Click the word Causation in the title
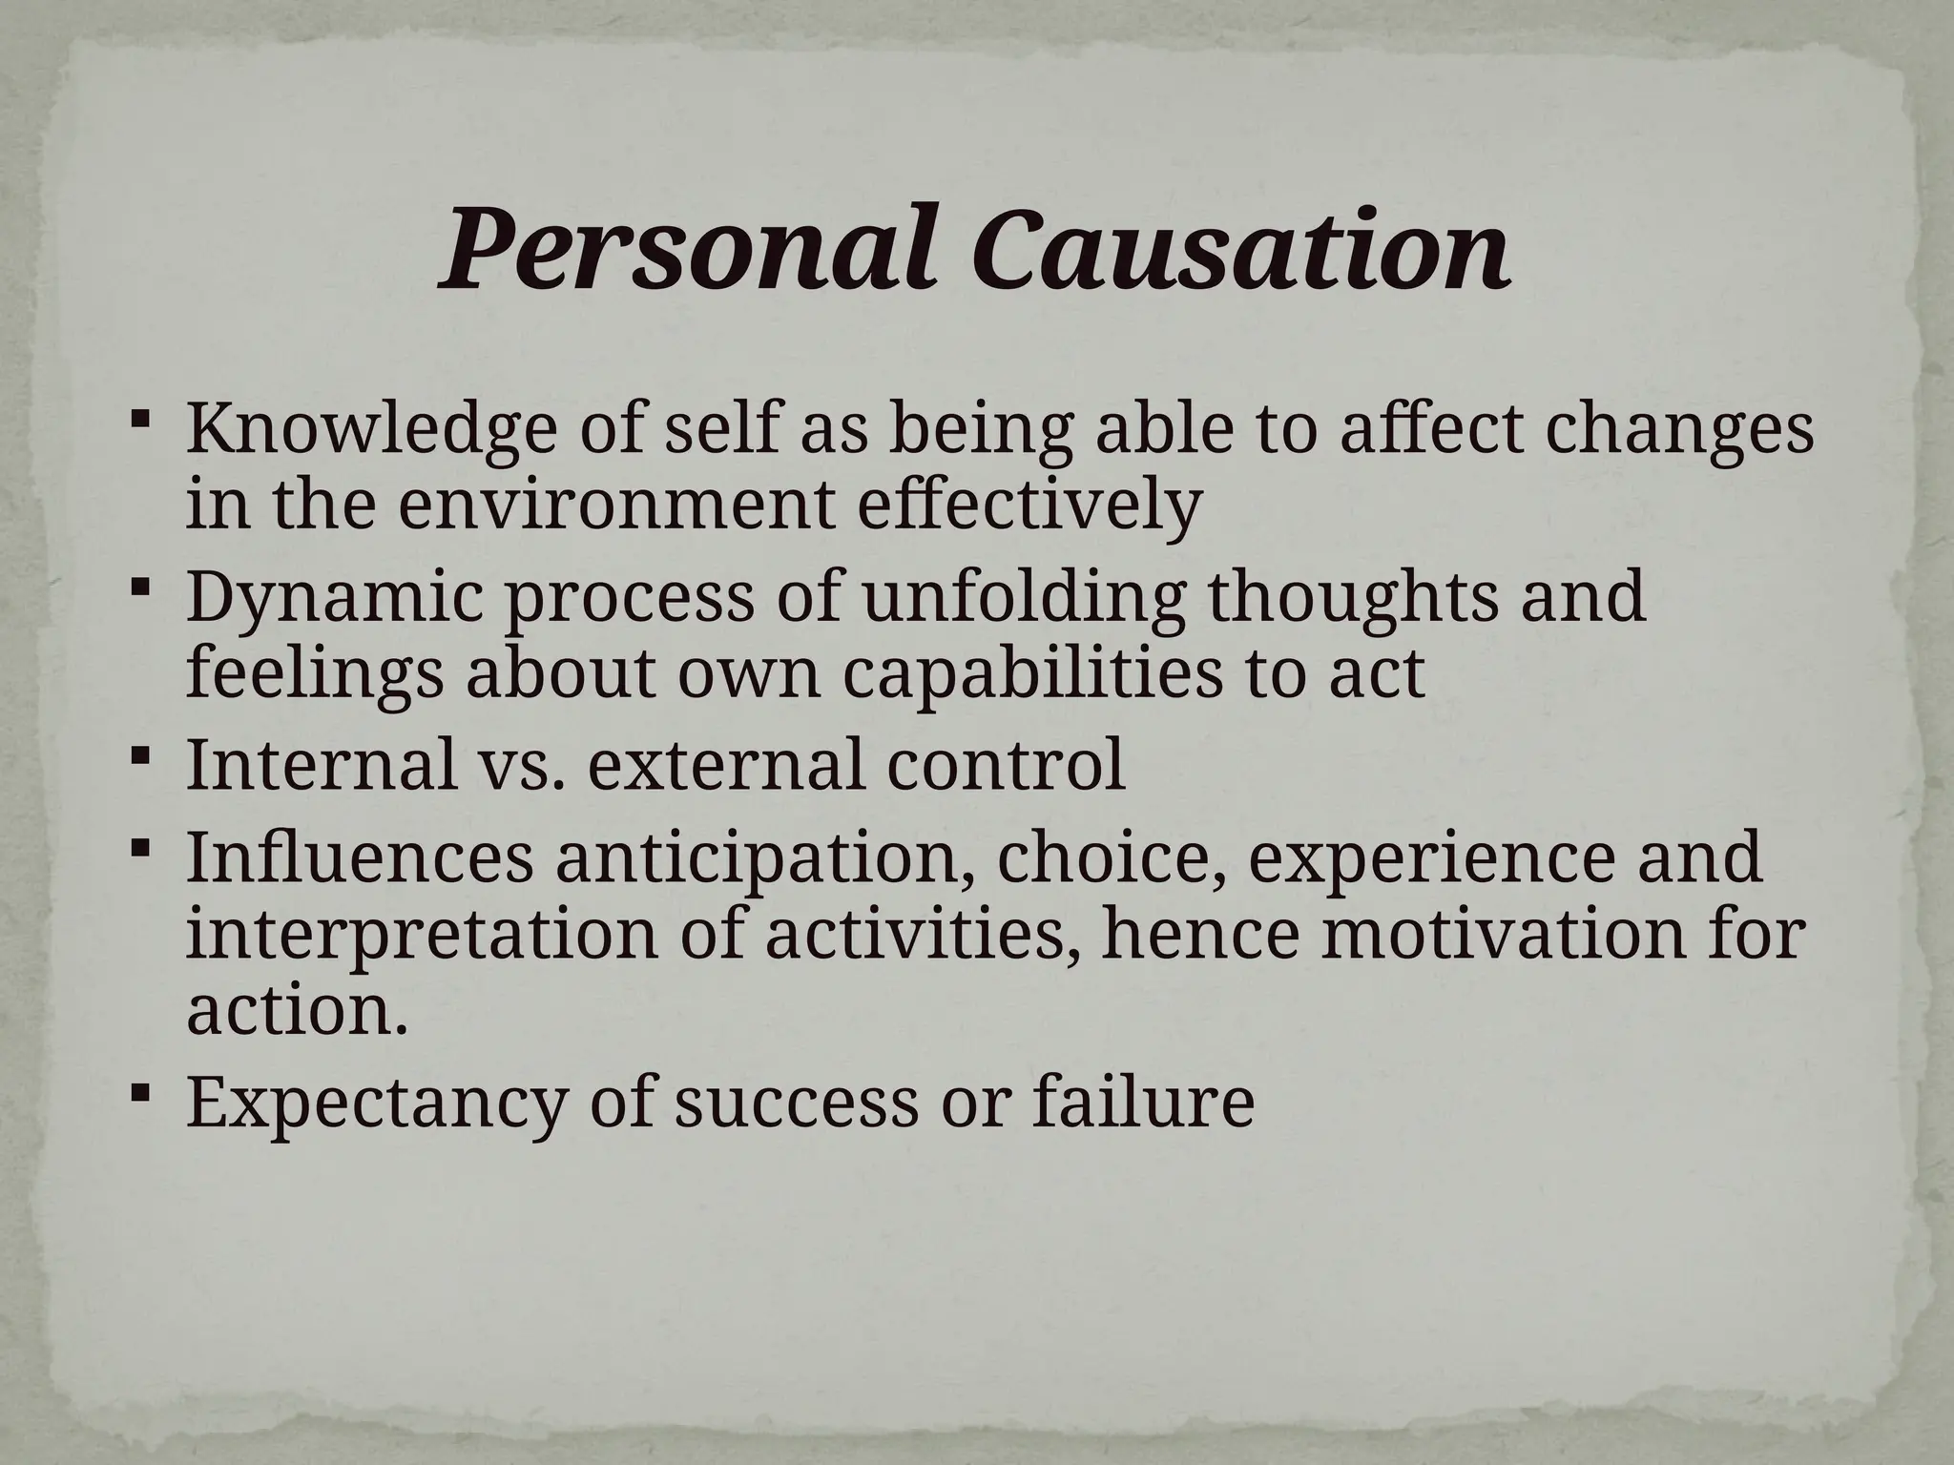(x=1239, y=250)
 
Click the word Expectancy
(x=376, y=1104)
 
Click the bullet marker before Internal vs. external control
(x=138, y=757)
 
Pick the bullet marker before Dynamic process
(x=138, y=588)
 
